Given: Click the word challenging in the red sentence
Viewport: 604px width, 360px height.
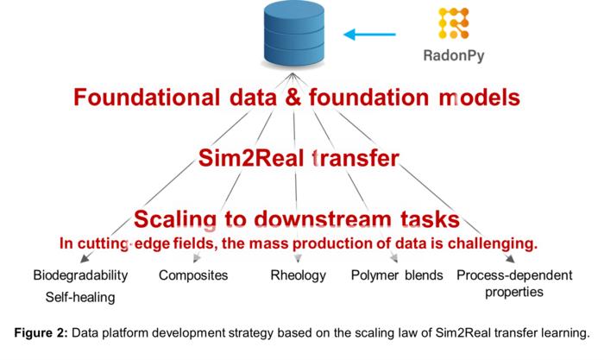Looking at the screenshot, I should [493, 243].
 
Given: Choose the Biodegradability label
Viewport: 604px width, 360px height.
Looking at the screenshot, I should [80, 275].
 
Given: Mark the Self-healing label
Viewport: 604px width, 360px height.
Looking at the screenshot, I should [80, 297].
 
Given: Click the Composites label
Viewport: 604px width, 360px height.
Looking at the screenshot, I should [193, 275].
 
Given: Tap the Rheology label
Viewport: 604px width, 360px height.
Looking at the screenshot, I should [299, 275].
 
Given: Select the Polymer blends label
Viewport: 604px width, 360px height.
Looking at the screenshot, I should [397, 275].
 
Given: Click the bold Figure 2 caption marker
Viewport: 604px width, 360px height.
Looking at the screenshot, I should [44, 332].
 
